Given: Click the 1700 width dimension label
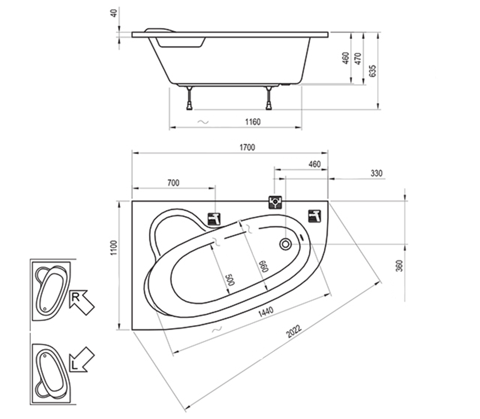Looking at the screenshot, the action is pyautogui.click(x=247, y=148).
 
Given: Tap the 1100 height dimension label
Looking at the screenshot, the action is pyautogui.click(x=114, y=248).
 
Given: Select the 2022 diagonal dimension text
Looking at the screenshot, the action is pyautogui.click(x=294, y=331).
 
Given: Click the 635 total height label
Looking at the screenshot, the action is pyautogui.click(x=372, y=71).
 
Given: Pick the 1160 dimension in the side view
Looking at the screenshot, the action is pyautogui.click(x=253, y=122).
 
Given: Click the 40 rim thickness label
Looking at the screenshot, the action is pyautogui.click(x=114, y=14).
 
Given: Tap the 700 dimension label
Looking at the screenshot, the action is pyautogui.click(x=173, y=183).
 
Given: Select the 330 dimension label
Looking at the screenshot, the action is pyautogui.click(x=376, y=173).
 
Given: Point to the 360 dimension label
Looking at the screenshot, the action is pyautogui.click(x=399, y=266).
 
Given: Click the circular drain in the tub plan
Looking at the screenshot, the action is pyautogui.click(x=286, y=244).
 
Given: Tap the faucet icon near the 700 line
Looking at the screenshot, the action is pyautogui.click(x=214, y=219).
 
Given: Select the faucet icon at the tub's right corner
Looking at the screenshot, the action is pyautogui.click(x=314, y=216).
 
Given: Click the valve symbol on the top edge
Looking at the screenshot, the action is pyautogui.click(x=275, y=202).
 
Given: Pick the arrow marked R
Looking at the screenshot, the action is pyautogui.click(x=81, y=302).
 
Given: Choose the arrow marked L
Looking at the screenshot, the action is pyautogui.click(x=81, y=360).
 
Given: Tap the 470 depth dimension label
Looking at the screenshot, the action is pyautogui.click(x=358, y=58).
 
